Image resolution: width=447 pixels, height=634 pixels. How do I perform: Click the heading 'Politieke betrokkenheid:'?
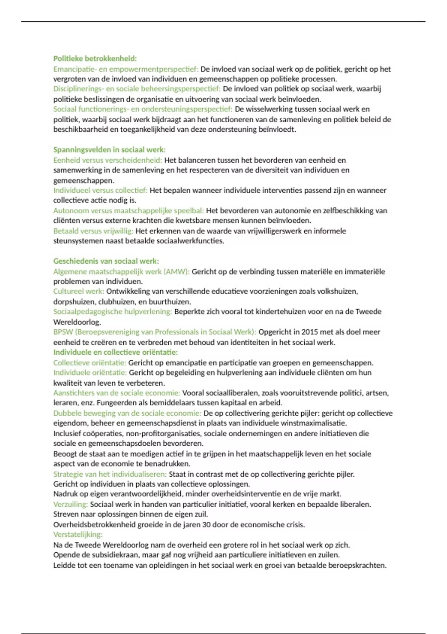coord(95,59)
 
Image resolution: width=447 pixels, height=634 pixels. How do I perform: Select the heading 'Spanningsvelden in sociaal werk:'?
coord(109,150)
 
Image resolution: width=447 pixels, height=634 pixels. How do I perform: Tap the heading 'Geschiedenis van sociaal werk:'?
coord(106,261)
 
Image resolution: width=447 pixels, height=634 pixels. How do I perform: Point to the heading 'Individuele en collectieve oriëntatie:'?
coord(115,352)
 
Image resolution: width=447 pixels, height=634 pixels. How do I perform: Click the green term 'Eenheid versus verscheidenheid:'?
coord(108,160)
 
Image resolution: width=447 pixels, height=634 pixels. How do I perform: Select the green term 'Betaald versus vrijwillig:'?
coord(93,231)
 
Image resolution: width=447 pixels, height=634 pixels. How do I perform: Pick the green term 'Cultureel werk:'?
coord(79,291)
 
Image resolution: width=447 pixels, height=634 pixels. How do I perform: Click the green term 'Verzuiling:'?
coord(70,504)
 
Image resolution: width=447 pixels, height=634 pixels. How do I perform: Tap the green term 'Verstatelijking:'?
coord(78,534)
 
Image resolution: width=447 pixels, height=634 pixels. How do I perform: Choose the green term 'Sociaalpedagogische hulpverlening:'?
coord(112,312)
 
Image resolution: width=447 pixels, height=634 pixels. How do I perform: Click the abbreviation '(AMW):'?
coord(177,272)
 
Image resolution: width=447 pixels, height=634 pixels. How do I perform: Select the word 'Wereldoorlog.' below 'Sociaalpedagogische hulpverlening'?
coord(77,322)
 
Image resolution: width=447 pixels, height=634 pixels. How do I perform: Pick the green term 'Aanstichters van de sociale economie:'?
coord(117,393)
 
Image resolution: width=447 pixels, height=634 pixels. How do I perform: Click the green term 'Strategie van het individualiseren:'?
coord(110,474)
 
